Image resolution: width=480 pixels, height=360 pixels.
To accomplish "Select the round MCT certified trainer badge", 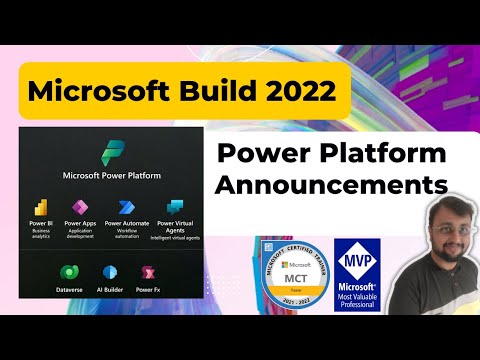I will (289, 274).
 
